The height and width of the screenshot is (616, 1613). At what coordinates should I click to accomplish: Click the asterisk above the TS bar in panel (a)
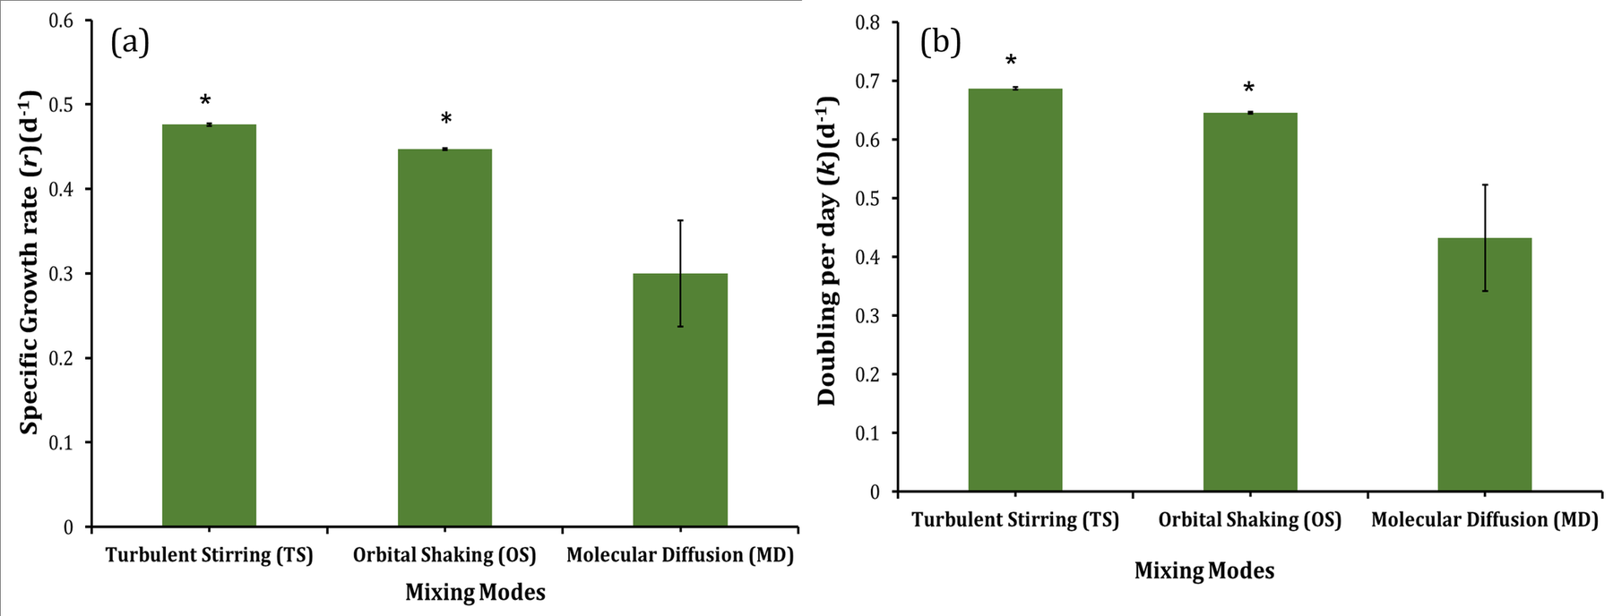click(205, 100)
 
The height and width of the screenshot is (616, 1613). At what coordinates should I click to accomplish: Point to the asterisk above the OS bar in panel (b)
click(1248, 89)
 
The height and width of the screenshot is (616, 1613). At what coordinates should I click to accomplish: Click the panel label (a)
click(129, 42)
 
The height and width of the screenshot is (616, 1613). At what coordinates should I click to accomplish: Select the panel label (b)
click(940, 42)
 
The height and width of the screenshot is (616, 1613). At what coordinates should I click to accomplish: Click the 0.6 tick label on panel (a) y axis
click(61, 21)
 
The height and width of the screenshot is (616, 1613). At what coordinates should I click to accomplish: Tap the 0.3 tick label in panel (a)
click(61, 274)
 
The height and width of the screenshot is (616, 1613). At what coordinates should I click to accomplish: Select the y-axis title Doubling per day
click(826, 252)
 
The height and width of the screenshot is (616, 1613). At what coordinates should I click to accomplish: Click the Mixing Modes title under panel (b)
click(1203, 571)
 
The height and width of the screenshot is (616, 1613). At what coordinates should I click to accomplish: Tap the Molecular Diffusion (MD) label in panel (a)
click(680, 555)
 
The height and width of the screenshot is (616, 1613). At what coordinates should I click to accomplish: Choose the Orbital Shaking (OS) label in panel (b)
click(1249, 520)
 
